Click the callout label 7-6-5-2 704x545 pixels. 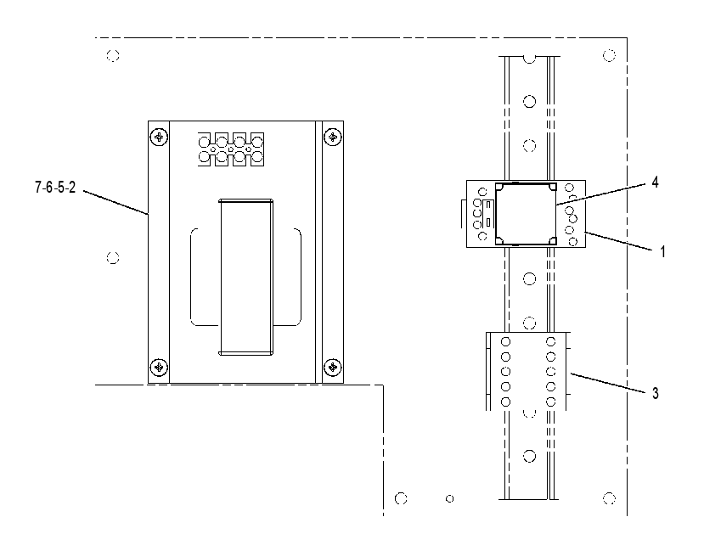tap(55, 188)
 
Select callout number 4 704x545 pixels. tap(655, 183)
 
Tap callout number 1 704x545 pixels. tap(662, 251)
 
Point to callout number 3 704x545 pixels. tap(656, 393)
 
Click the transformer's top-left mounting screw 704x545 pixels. tap(159, 137)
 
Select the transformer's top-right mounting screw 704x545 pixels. tap(333, 137)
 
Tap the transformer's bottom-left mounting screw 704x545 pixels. tap(159, 368)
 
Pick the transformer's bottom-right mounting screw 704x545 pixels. tap(333, 368)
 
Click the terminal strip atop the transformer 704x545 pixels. tap(231, 149)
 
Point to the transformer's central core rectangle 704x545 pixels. tap(245, 277)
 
